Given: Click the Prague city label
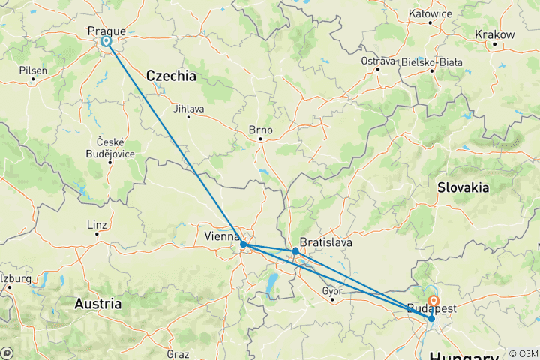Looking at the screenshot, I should pos(106,31).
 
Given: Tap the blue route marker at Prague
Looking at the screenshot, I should pos(106,43).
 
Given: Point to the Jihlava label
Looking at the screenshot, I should pos(188,107).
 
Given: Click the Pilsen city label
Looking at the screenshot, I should pos(34,70).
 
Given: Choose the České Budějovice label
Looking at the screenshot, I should pos(110,148).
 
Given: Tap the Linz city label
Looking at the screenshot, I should pos(97,224).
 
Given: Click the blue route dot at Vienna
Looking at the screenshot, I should pos(244,244).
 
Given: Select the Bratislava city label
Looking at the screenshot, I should pos(325,243).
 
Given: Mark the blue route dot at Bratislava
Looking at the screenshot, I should pos(296,251).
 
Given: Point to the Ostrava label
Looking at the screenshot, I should pos(377,60).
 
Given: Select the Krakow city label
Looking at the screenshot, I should pos(495,34).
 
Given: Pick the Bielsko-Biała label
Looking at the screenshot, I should pos(433,61).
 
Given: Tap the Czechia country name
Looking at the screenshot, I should pos(171,76).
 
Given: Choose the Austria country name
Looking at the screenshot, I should pos(97,304).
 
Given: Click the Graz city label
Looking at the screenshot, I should pos(178,352).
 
